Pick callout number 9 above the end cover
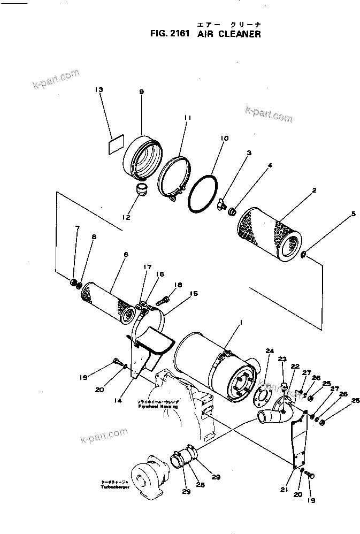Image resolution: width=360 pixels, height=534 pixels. (x=141, y=92)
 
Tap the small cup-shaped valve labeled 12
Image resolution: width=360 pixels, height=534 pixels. (x=142, y=189)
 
